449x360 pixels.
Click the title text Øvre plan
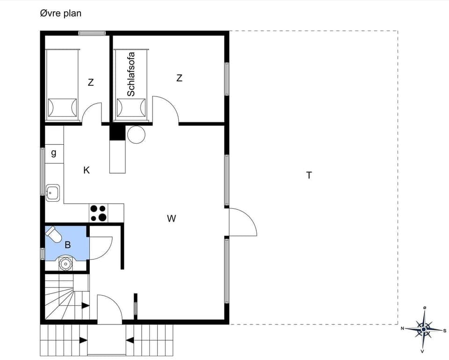[x=60, y=13]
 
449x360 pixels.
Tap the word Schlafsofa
[x=131, y=75]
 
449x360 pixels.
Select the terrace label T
[x=309, y=176]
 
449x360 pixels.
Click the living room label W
[x=172, y=218]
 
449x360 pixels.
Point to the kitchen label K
[x=87, y=170]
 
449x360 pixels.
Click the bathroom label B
[x=67, y=244]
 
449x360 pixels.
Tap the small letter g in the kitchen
[x=54, y=153]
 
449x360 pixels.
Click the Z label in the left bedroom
[x=91, y=82]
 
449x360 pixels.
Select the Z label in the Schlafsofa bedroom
[x=179, y=78]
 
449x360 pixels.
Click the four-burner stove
[x=98, y=213]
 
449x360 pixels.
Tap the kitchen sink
[x=52, y=192]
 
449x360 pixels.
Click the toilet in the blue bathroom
[x=54, y=234]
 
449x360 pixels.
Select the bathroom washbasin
[x=65, y=264]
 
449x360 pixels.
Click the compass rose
[x=423, y=329]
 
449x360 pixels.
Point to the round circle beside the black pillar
[x=136, y=135]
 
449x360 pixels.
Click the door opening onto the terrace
[x=242, y=223]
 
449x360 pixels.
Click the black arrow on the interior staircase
[x=85, y=306]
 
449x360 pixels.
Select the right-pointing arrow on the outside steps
[x=83, y=340]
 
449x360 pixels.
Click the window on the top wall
[x=92, y=33]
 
